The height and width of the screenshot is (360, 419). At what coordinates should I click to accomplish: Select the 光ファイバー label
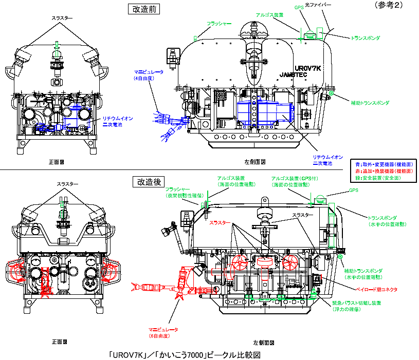[x=319, y=5]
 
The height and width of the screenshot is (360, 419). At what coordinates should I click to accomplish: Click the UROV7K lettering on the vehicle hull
[x=308, y=67]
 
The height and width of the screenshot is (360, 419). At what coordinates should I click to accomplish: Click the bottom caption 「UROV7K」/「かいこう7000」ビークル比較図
[x=182, y=354]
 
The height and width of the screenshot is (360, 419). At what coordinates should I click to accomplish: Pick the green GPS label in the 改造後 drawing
[x=353, y=190]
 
